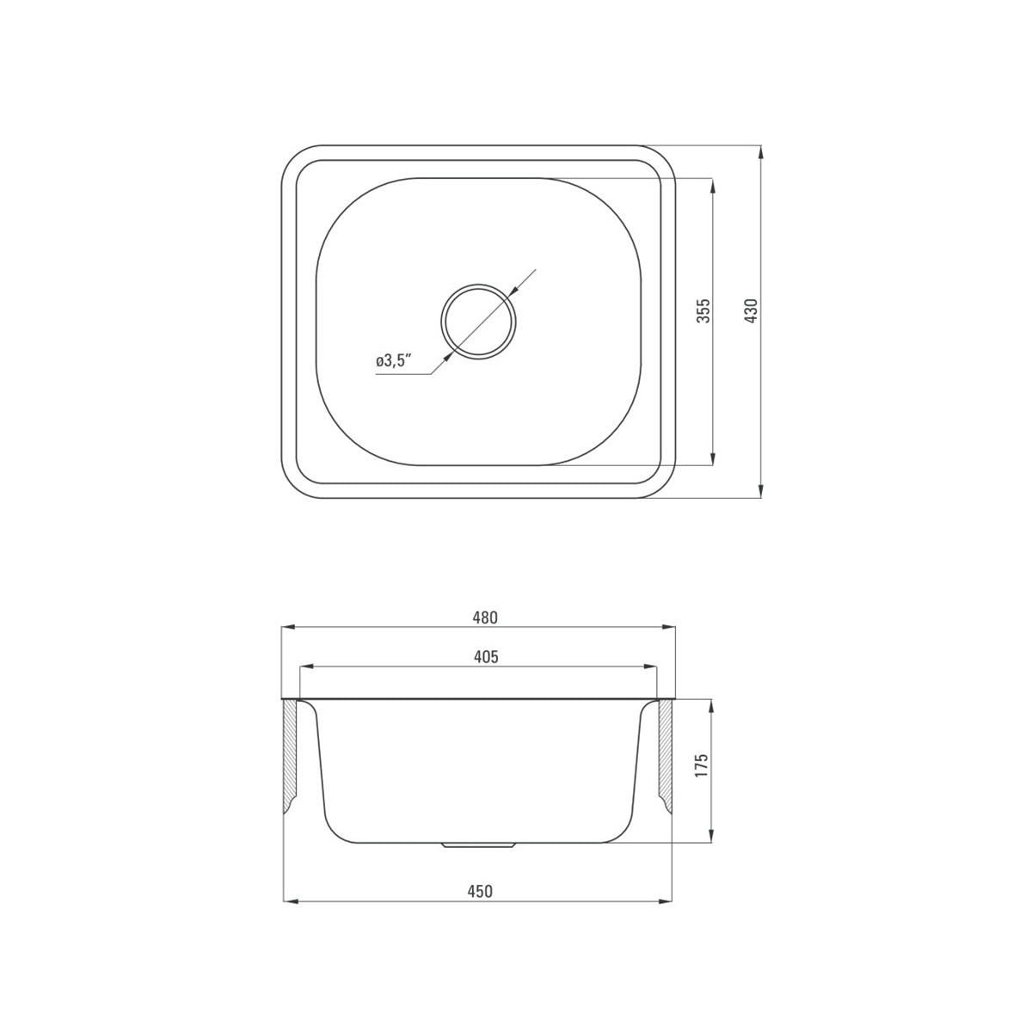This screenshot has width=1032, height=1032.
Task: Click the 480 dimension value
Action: coord(485,617)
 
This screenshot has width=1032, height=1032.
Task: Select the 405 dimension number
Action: coord(485,657)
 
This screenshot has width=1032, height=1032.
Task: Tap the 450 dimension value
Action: coord(480,891)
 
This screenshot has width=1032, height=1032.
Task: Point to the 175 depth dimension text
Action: coord(702,766)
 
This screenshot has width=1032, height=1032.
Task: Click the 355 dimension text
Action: coord(703,310)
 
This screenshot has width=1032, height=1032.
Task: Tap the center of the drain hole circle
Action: coord(479,321)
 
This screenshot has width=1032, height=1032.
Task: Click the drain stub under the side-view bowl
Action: coord(479,845)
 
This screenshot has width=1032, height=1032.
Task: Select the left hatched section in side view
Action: coord(291,752)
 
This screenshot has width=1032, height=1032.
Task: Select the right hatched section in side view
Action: coord(665,752)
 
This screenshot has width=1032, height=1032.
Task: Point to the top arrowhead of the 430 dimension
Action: coord(761,151)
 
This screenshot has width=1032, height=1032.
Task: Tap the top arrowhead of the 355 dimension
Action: coord(712,184)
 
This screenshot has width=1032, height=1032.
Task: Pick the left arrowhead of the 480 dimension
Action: coord(289,628)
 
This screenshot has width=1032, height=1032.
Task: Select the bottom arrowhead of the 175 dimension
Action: coord(712,836)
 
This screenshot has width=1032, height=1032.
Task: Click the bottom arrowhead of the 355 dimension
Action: coord(712,459)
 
